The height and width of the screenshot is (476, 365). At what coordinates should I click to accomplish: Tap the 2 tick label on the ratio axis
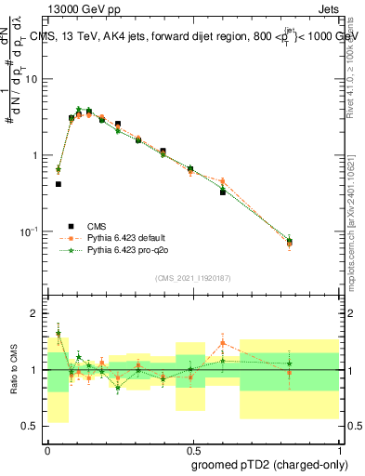(35, 314)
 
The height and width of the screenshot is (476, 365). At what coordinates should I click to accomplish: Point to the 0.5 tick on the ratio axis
(33, 427)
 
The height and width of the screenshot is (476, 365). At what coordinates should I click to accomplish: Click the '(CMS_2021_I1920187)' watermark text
(191, 277)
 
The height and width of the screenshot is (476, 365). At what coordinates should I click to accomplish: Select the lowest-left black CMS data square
(59, 184)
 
